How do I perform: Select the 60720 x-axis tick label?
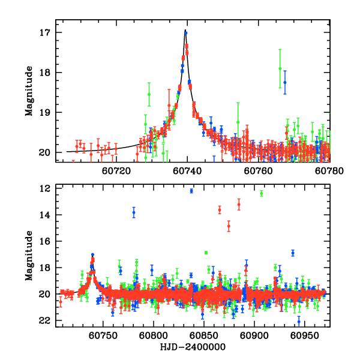[x=115, y=171]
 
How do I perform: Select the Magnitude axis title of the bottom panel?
[x=29, y=256]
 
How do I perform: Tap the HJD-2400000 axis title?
[x=193, y=347]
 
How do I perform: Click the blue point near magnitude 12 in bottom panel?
[x=191, y=191]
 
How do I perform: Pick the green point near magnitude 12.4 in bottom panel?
[x=261, y=193]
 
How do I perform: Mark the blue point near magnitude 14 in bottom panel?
[x=134, y=212]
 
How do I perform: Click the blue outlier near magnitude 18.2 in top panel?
[x=285, y=82]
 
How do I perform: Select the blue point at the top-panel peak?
[x=186, y=32]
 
